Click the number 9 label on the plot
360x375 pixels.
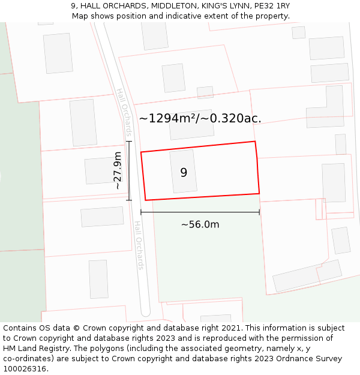pyautogui.click(x=184, y=173)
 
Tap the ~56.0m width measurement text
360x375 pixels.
pyautogui.click(x=200, y=224)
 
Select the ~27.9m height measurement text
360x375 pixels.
pyautogui.click(x=118, y=171)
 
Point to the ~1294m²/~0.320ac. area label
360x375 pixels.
pyautogui.click(x=200, y=118)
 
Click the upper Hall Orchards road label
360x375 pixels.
pyautogui.click(x=124, y=112)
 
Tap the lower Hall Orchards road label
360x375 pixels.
pyautogui.click(x=139, y=245)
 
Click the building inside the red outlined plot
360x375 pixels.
pyautogui.click(x=183, y=172)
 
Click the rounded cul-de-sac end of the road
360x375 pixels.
pyautogui.click(x=145, y=311)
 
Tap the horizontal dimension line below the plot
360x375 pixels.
pyautogui.click(x=200, y=212)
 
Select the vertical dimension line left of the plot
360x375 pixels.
pyautogui.click(x=129, y=171)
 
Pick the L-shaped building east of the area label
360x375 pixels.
pyautogui.click(x=327, y=108)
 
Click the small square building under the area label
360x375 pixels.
pyautogui.click(x=205, y=92)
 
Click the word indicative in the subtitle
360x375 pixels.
pyautogui.click(x=196, y=16)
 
